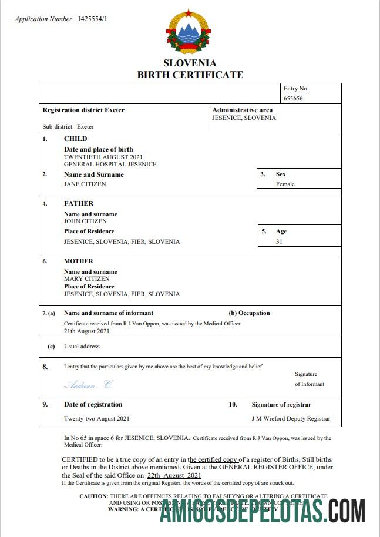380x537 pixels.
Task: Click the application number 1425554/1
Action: pyautogui.click(x=93, y=19)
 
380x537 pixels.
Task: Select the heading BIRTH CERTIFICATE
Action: pyautogui.click(x=190, y=75)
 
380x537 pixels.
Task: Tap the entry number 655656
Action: pyautogui.click(x=293, y=99)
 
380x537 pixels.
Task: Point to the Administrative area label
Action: pyautogui.click(x=242, y=110)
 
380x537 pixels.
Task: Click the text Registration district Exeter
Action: pyautogui.click(x=83, y=110)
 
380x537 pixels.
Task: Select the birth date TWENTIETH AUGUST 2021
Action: pyautogui.click(x=103, y=157)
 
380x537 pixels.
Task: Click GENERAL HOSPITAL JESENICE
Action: pyautogui.click(x=110, y=165)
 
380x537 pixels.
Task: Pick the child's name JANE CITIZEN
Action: pyautogui.click(x=85, y=184)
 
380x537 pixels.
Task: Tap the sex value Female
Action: pyautogui.click(x=285, y=184)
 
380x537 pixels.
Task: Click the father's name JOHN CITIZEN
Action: pyautogui.click(x=85, y=221)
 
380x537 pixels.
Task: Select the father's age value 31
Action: pyautogui.click(x=279, y=241)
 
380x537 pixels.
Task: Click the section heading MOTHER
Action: pyautogui.click(x=79, y=261)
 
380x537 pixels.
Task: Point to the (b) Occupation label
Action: pyautogui.click(x=249, y=313)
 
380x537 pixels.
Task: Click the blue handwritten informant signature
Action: pyautogui.click(x=88, y=385)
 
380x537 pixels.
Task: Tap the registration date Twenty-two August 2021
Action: pyautogui.click(x=96, y=419)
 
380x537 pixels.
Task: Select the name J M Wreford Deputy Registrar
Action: pyautogui.click(x=290, y=419)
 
